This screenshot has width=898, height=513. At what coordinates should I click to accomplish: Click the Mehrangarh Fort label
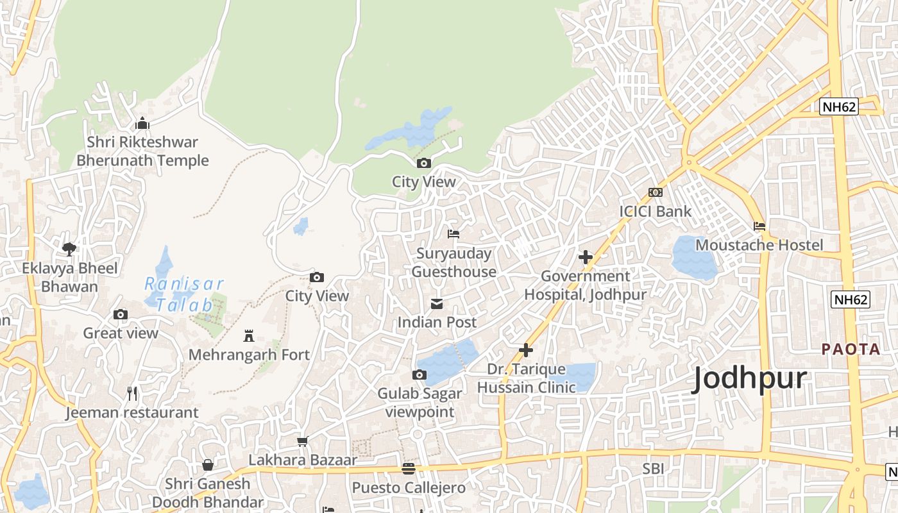249,355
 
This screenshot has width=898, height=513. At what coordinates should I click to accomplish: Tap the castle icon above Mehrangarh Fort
249,335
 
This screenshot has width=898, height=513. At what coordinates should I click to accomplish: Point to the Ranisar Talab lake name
183,294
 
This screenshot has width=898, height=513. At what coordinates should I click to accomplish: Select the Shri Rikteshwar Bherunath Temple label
142,151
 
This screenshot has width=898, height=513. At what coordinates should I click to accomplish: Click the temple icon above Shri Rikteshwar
142,123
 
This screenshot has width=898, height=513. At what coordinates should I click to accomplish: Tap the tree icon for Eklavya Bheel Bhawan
69,249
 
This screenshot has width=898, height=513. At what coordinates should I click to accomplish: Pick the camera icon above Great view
121,314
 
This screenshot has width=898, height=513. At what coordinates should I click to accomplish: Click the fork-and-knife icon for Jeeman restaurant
132,393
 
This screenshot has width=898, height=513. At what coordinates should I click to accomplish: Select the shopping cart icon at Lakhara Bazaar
303,441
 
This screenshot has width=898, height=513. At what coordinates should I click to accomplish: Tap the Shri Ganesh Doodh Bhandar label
208,492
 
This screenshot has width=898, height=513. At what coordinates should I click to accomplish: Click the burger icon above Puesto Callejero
409,469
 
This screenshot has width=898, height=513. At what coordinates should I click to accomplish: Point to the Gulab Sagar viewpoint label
419,403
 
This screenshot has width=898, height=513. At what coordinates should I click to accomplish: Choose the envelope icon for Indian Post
437,303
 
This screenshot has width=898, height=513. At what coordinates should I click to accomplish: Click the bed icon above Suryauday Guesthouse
453,234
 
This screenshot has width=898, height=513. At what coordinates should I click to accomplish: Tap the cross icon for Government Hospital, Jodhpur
585,257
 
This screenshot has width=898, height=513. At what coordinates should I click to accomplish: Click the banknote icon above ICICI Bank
655,192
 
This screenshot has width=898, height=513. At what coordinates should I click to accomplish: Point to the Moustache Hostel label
759,245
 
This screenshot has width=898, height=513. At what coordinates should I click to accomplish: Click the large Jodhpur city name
749,379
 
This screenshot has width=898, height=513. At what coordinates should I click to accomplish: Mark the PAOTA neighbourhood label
851,349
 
